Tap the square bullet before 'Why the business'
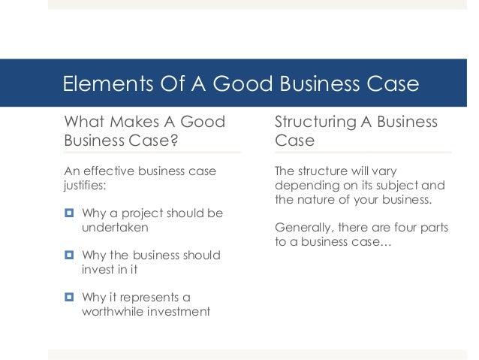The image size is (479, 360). coord(68,256)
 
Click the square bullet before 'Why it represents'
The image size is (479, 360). coord(68,298)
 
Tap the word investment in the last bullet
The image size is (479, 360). coord(182,311)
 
